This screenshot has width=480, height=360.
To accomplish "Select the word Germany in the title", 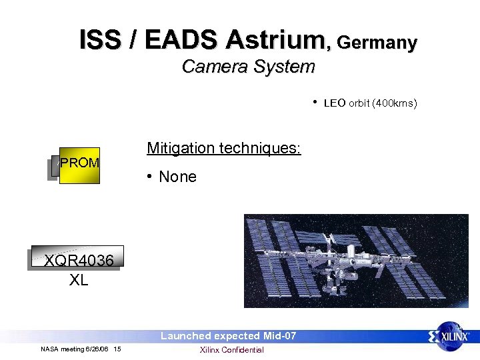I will (377, 43).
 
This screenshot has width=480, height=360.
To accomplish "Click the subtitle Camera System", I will (248, 67).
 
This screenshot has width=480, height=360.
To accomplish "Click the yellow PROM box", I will (79, 165).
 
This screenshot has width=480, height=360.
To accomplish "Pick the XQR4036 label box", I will (78, 259).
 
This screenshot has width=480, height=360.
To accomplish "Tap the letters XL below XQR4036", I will (79, 281).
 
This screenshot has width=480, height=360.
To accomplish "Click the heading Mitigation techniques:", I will (224, 148).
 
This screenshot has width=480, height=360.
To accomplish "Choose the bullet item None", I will (177, 177).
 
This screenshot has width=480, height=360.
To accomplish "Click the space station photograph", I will (356, 260).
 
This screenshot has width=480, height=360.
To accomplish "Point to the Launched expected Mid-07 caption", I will (228, 336).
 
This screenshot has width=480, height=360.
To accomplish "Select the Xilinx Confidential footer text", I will (231, 350).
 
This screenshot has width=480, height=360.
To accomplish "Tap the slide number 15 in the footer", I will (117, 349).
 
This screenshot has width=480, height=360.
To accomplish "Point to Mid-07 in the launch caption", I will (279, 336).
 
